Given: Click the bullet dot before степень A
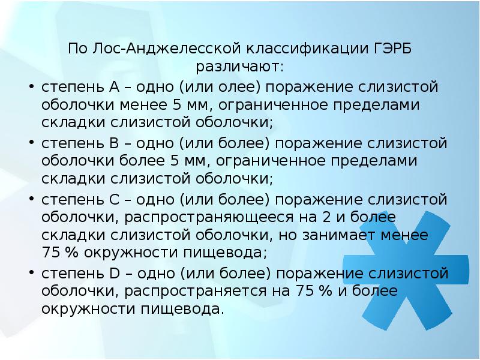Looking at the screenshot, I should [30, 87].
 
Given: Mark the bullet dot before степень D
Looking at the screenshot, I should [30, 274].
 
